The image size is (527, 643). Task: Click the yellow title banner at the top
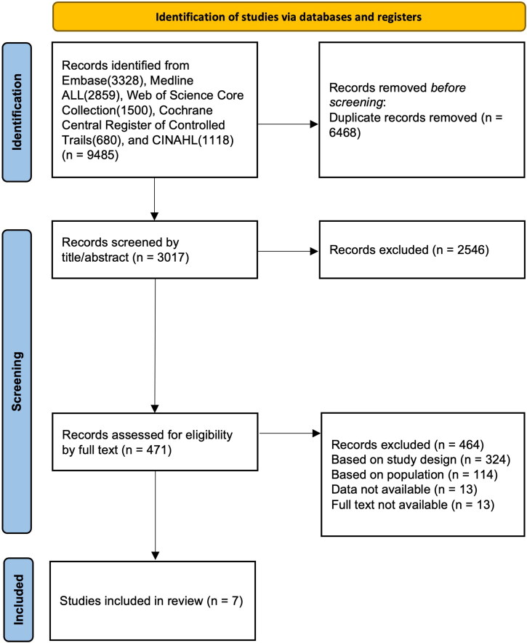pos(289,17)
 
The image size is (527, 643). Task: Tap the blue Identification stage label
pos(17,112)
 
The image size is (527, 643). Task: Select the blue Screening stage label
pos(17,381)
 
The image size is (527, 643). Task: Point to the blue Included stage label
pos(18,599)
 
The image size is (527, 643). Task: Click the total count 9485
pos(102,155)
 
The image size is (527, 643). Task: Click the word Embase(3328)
pos(102,80)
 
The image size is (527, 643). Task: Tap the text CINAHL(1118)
pos(193,140)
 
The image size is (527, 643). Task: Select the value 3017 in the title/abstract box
pos(172,257)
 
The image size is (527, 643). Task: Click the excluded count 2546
pos(471,249)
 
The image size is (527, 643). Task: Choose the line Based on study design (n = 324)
pos(421,460)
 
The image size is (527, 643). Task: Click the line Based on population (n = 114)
pos(414,474)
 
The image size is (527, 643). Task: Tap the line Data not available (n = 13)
pos(404,490)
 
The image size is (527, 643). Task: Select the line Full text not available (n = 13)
pos(413,504)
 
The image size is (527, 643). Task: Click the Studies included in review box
pos(153,601)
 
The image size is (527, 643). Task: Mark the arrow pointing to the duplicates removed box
pos(288,124)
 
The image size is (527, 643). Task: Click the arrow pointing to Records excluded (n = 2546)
pos(288,251)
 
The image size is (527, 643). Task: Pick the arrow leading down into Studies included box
pos(156,515)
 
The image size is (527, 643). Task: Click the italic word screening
pos(356,103)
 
